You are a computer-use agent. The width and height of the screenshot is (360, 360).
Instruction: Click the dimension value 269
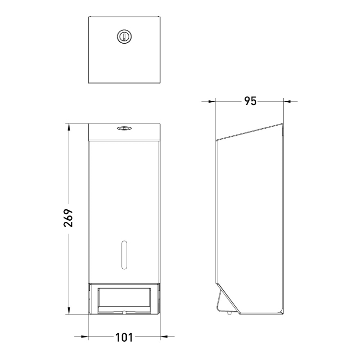click(x=69, y=218)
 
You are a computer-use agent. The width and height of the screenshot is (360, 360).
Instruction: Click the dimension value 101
click(x=124, y=337)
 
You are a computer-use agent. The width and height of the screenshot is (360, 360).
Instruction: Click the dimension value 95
click(x=250, y=101)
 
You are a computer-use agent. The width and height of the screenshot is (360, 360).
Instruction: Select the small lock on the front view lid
click(x=124, y=128)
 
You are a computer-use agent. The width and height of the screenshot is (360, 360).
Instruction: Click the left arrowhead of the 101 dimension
click(x=92, y=337)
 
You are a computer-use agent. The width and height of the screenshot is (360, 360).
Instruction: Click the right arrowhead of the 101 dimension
click(x=156, y=337)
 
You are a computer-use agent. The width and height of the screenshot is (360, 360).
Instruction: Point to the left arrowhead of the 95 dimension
click(x=212, y=101)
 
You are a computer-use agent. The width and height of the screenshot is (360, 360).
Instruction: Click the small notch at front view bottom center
click(x=124, y=312)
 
